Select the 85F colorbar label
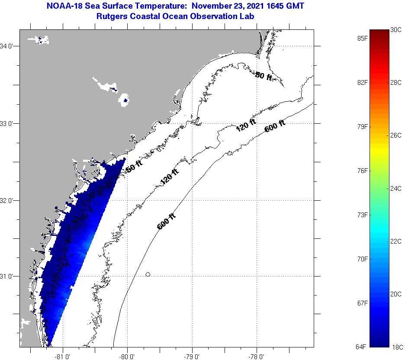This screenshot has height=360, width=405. [x=363, y=38]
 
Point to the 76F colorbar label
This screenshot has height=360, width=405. [x=363, y=171]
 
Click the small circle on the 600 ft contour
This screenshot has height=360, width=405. [x=148, y=274]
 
